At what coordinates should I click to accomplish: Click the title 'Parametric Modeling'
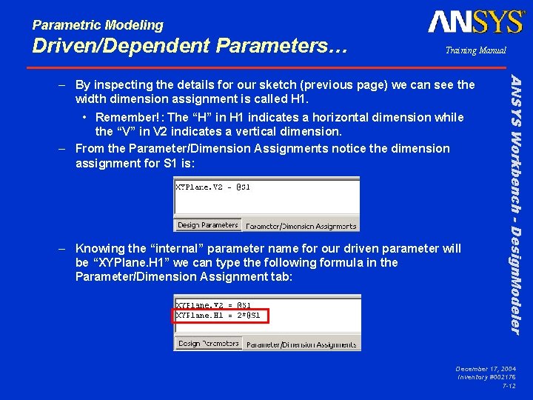pyautogui.click(x=98, y=25)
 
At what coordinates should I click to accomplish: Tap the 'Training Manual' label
pyautogui.click(x=475, y=51)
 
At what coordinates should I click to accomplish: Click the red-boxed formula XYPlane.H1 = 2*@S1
pyautogui.click(x=221, y=316)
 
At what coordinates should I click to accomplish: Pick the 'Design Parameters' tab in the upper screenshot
pyautogui.click(x=208, y=225)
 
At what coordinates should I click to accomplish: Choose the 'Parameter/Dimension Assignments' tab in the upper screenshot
pyautogui.click(x=301, y=226)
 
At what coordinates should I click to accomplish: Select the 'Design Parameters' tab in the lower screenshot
pyautogui.click(x=208, y=344)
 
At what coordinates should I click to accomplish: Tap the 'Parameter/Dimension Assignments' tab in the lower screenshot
pyautogui.click(x=301, y=344)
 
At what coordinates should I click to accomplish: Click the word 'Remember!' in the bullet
pyautogui.click(x=129, y=117)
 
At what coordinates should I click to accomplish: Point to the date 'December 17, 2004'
pyautogui.click(x=486, y=369)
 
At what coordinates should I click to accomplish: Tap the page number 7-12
pyautogui.click(x=509, y=387)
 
